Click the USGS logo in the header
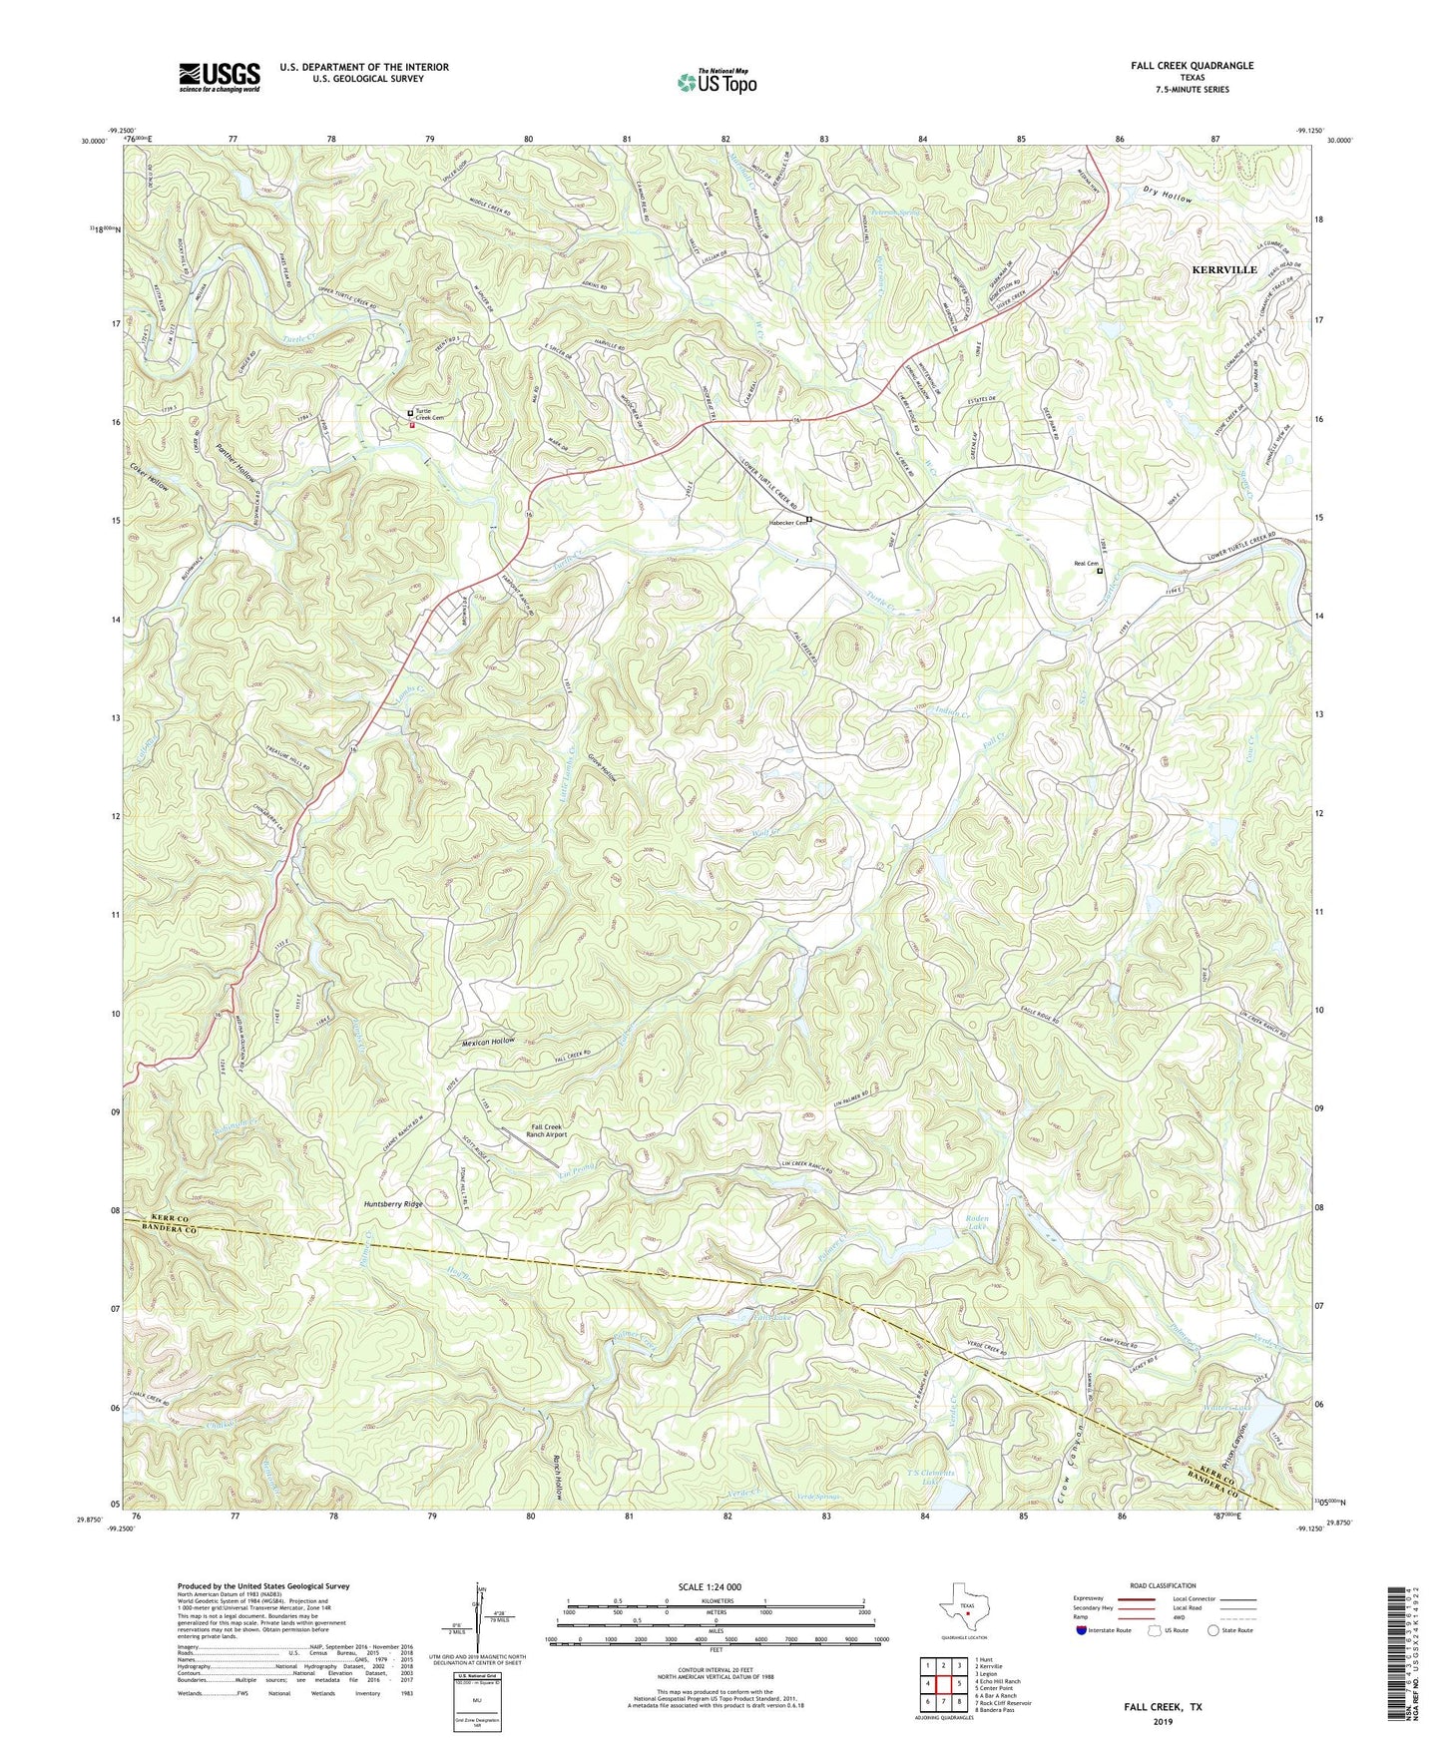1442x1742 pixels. [x=219, y=76]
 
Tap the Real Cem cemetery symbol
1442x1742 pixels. [x=1100, y=572]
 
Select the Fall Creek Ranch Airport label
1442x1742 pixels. [x=548, y=1129]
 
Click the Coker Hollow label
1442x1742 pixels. [x=149, y=479]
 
